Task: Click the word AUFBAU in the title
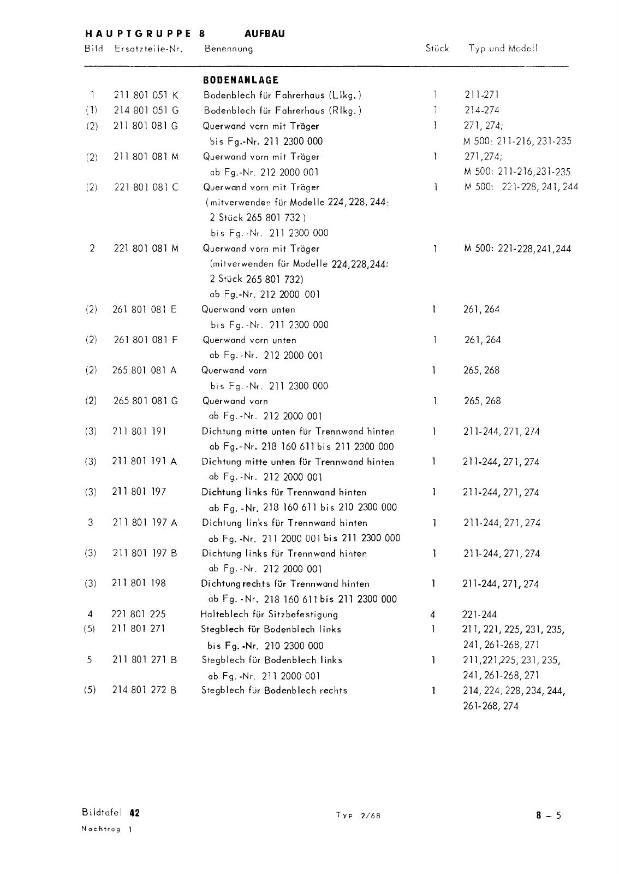(x=265, y=34)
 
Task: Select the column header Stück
(x=437, y=48)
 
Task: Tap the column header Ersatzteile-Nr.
(x=147, y=49)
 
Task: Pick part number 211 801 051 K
(x=146, y=95)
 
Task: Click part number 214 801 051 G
(x=146, y=110)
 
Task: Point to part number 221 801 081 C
(x=146, y=187)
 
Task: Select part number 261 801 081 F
(x=146, y=340)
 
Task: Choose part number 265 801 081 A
(x=145, y=370)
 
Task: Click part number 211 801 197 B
(x=145, y=553)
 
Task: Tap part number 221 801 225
(x=139, y=615)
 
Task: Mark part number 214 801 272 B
(x=145, y=690)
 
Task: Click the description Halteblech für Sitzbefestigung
(x=269, y=615)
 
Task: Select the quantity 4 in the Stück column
(x=433, y=615)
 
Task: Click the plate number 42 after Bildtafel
(x=135, y=813)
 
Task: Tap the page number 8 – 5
(x=548, y=816)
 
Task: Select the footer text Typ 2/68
(x=358, y=816)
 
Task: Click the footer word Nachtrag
(x=100, y=829)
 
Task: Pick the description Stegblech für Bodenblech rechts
(x=274, y=690)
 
